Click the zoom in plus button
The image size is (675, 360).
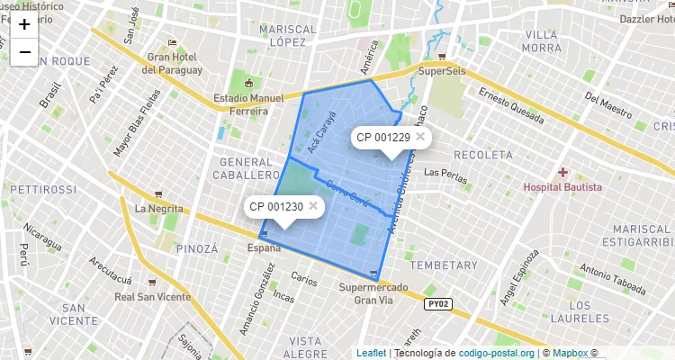pyautogui.click(x=24, y=24)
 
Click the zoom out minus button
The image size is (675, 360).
pyautogui.click(x=24, y=52)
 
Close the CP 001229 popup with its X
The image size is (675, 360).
pyautogui.click(x=420, y=137)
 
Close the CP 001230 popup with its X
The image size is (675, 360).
pyautogui.click(x=313, y=206)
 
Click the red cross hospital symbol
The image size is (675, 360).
pyautogui.click(x=563, y=171)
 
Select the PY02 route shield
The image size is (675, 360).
pyautogui.click(x=436, y=304)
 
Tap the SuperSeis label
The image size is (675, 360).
pyautogui.click(x=441, y=71)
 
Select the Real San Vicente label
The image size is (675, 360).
pyautogui.click(x=151, y=296)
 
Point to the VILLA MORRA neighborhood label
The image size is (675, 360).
pyautogui.click(x=541, y=40)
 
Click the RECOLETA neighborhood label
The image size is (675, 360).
pyautogui.click(x=483, y=155)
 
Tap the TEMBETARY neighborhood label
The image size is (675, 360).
pyautogui.click(x=444, y=265)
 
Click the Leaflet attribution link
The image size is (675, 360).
pyautogui.click(x=371, y=353)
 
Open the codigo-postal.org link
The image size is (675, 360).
pyautogui.click(x=497, y=353)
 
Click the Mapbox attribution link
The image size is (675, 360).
pyautogui.click(x=571, y=353)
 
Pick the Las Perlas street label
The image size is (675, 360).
pyautogui.click(x=445, y=172)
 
